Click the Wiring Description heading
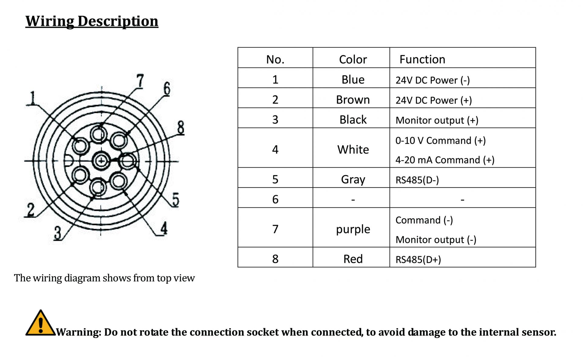click(92, 21)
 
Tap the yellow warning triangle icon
click(41, 323)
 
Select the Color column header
click(353, 59)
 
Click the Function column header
click(422, 59)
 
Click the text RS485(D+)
click(418, 260)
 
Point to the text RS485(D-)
click(417, 180)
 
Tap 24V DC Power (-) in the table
click(433, 80)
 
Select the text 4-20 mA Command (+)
click(445, 160)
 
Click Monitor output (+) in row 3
click(437, 120)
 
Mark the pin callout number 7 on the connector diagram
click(140, 81)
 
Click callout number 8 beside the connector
click(181, 127)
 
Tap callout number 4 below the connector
click(164, 228)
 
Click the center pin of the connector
click(101, 161)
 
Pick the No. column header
click(275, 59)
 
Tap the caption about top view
click(104, 278)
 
